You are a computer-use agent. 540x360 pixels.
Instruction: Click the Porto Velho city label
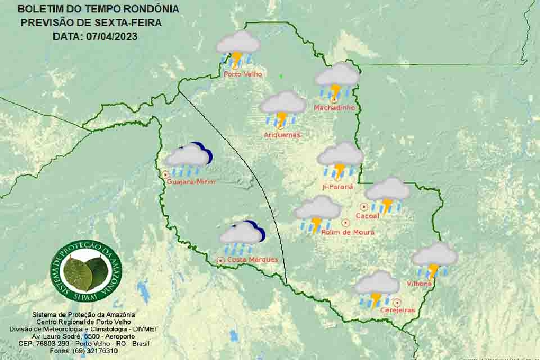click(x=242, y=74)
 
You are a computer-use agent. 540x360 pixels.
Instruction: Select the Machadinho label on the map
click(x=334, y=107)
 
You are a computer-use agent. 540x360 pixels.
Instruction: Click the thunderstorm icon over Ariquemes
click(x=283, y=109)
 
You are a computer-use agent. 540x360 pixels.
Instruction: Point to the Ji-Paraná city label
click(x=337, y=186)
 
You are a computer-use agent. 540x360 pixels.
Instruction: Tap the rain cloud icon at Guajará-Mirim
click(x=188, y=159)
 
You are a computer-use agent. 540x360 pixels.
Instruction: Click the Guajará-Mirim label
click(x=191, y=182)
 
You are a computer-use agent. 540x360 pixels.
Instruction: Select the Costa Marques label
click(x=252, y=259)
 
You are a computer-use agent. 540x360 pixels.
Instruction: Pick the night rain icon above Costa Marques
click(x=242, y=237)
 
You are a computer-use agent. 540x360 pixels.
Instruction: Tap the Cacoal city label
click(x=368, y=215)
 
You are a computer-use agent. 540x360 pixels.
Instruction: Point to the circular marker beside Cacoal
click(x=364, y=207)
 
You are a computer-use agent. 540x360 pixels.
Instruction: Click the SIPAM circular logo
click(x=86, y=271)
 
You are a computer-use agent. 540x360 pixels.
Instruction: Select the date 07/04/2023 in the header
click(x=112, y=36)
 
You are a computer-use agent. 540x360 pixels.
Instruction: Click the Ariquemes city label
click(x=282, y=135)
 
